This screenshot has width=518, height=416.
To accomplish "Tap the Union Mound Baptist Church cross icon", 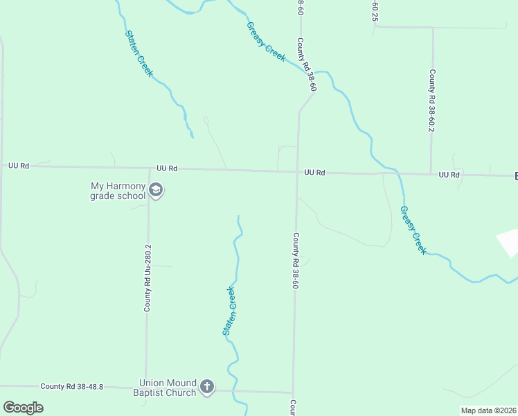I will pos(206,387).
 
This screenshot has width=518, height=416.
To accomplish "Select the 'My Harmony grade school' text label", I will pos(118,191).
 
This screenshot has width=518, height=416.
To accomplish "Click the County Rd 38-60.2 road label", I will pos(431,101).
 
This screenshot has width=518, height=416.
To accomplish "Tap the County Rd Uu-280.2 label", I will pos(148,277).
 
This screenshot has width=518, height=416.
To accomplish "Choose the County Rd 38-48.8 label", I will pos(71,386).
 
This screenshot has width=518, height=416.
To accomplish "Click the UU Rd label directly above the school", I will pos(167,168).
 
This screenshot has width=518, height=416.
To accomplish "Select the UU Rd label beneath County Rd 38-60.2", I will pos(449,175).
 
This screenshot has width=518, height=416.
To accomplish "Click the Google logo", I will pos(23,407).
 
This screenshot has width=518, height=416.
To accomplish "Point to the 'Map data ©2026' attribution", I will pos(488,410).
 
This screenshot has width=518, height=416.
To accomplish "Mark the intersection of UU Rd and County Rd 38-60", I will pos(297,172).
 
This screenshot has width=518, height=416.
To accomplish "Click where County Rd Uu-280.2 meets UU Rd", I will pos(150,169).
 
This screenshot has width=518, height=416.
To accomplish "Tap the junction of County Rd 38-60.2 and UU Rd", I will pos(431,173).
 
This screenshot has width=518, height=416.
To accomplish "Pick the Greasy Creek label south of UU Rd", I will pos(412,229).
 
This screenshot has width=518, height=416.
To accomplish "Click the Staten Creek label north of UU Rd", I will pos(139,53).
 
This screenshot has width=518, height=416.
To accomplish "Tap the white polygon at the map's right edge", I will pos(509,242).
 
